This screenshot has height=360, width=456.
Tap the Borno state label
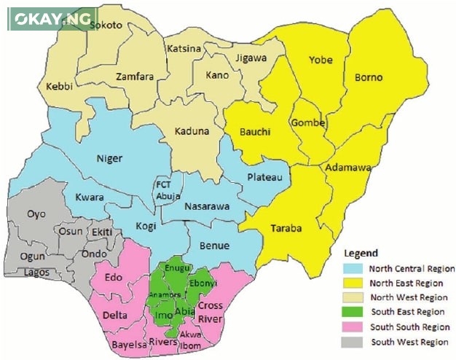point(369,77)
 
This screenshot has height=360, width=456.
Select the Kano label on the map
point(217,75)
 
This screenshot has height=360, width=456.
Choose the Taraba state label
point(287,227)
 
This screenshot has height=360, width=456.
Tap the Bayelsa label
point(129,344)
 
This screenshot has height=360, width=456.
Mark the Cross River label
point(210,311)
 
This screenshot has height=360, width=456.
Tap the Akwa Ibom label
point(191,340)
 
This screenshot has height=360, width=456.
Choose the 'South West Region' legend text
point(409,342)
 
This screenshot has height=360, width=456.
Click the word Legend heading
point(361,253)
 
